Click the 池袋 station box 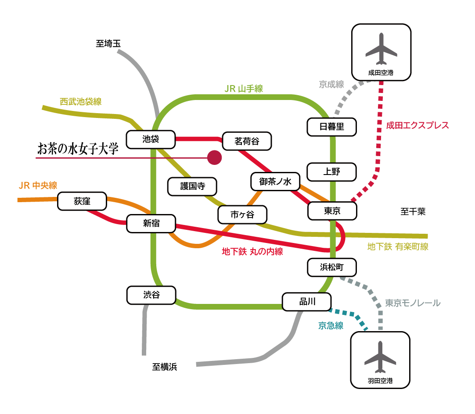(151, 139)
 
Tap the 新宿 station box (151, 224)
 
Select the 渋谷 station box (151, 295)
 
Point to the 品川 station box (306, 302)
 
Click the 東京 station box (332, 211)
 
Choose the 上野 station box (331, 172)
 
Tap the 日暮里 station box (331, 127)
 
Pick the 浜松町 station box (331, 267)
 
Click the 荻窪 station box (82, 201)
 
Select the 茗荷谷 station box (247, 141)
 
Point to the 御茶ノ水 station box (276, 182)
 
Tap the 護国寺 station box (192, 186)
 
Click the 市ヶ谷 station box (242, 215)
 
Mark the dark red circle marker (214, 157)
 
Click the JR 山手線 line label (244, 89)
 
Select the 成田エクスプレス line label (417, 125)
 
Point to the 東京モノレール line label (413, 303)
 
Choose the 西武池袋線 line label (80, 102)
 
